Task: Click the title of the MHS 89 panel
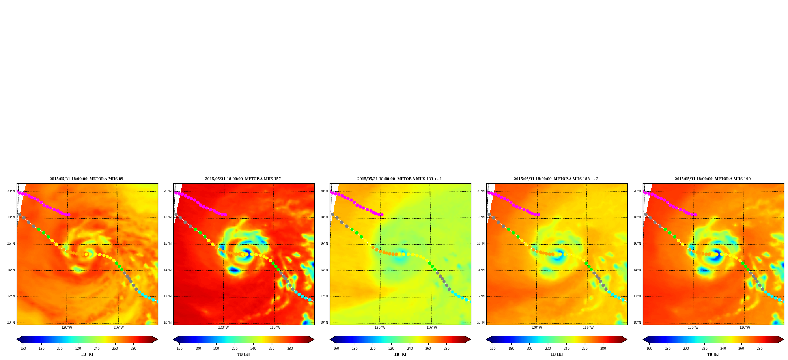[86, 179]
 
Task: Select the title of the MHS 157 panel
[243, 179]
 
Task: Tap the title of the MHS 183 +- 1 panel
[400, 179]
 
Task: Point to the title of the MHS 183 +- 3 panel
[556, 179]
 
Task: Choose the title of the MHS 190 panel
[713, 179]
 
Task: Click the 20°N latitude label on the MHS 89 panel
[11, 191]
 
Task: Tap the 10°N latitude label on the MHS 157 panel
[167, 323]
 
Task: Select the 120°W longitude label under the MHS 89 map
[67, 328]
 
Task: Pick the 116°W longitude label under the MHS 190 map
[745, 328]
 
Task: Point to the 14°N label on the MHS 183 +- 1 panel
[324, 270]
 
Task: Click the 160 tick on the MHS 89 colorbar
[23, 349]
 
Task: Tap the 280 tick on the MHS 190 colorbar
[760, 349]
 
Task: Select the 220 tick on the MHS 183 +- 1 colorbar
[391, 349]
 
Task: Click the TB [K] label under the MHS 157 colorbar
[243, 354]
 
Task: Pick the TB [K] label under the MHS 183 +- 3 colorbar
[556, 354]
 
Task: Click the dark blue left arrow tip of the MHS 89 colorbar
[17, 339]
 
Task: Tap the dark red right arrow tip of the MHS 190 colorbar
[784, 339]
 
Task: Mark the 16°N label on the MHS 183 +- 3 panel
[480, 244]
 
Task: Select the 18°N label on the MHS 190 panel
[637, 217]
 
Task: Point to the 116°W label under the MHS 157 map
[275, 328]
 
